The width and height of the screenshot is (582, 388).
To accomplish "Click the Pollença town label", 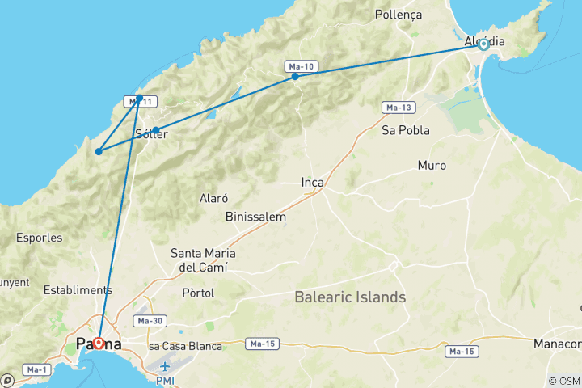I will coord(399,15).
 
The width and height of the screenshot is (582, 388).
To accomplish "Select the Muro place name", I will coord(432,166).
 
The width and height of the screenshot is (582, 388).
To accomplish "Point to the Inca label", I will coord(312,183).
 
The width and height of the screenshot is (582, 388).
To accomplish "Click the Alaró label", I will coord(213,198).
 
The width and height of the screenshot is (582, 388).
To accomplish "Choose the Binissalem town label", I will coord(256,217).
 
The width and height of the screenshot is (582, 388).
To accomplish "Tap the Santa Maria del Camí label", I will coord(199,259).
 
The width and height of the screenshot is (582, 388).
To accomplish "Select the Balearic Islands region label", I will coord(350,297).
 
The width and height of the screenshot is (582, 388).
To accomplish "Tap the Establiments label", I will coord(78,289).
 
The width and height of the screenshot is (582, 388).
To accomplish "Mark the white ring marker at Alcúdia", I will coord(483,44).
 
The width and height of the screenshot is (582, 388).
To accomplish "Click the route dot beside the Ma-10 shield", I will coord(295,77).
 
